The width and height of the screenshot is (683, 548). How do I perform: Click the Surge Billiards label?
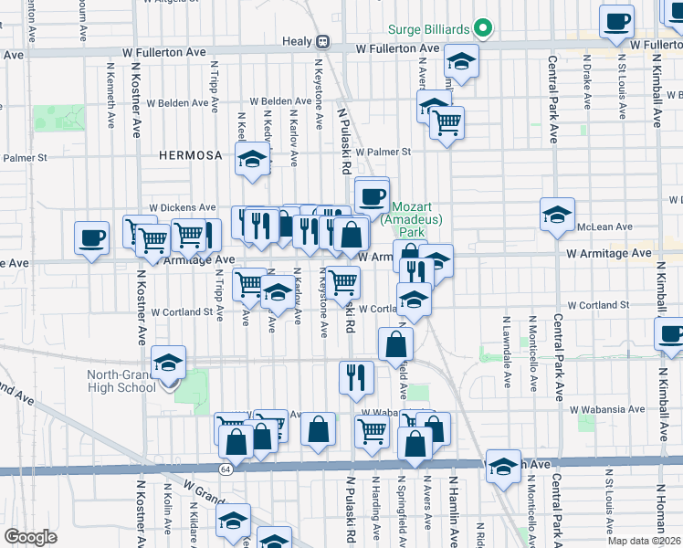click(427, 29)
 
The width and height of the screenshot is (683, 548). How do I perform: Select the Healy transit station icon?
click(322, 41)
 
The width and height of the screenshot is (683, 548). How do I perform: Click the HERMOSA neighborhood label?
click(190, 155)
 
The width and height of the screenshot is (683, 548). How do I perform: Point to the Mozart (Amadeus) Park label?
click(412, 214)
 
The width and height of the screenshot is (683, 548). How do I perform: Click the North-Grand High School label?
click(121, 381)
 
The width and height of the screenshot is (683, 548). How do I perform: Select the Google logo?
click(30, 537)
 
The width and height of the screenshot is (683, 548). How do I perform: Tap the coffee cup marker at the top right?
click(617, 22)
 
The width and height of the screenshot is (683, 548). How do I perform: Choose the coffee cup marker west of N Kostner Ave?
click(91, 237)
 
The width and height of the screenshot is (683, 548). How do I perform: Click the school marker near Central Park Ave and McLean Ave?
click(557, 215)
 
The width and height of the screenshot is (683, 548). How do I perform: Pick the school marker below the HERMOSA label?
click(250, 159)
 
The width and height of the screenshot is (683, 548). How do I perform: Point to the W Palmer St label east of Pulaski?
click(384, 152)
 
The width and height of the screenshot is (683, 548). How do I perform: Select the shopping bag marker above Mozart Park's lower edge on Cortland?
click(396, 344)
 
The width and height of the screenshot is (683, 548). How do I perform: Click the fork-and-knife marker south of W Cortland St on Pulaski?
click(355, 376)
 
